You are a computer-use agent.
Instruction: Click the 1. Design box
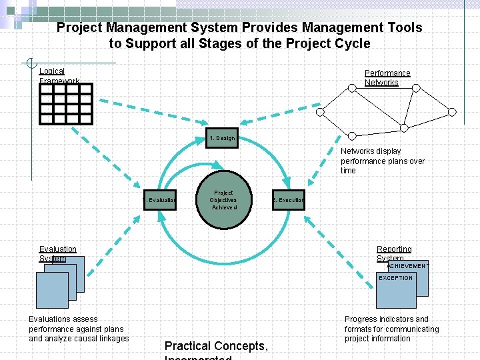221,138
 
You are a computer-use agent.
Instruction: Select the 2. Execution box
288,200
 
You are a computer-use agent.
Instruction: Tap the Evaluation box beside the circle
159,200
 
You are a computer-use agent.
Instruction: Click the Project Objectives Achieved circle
223,201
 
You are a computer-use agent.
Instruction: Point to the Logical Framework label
59,76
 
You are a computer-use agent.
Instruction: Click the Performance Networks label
387,78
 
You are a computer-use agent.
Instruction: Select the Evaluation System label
57,253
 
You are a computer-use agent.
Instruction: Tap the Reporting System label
393,253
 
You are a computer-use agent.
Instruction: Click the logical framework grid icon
66,104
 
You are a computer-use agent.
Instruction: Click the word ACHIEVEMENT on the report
408,266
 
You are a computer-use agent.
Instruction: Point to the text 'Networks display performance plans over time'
382,161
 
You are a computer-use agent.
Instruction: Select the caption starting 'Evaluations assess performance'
79,329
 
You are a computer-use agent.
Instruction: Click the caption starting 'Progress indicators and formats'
391,329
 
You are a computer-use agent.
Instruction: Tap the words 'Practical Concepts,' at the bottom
216,346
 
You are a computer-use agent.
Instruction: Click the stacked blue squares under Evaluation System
59,282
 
